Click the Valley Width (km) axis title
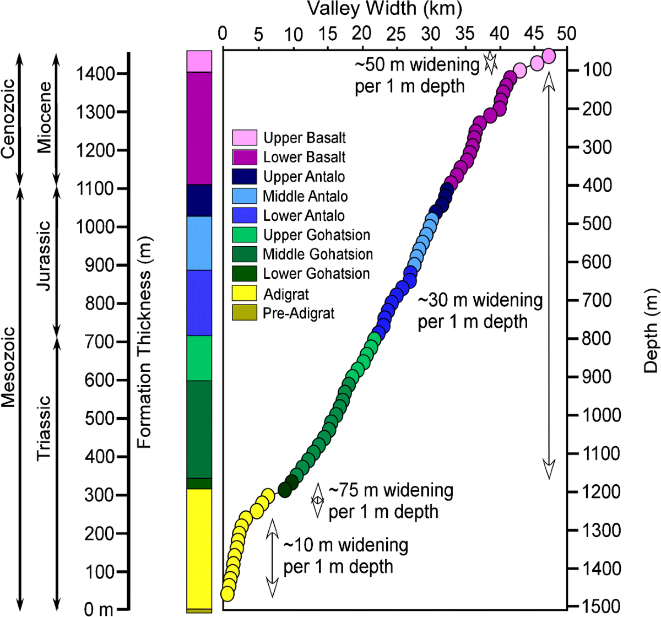point(384,9)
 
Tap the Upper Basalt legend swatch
point(245,138)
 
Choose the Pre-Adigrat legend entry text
point(299,313)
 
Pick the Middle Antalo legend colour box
point(245,196)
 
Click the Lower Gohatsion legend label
point(316,274)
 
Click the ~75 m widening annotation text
point(391,501)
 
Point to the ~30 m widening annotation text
point(480,311)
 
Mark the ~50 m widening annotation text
point(416,75)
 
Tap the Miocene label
point(44,117)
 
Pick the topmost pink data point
point(549,56)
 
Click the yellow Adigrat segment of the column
point(199,548)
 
